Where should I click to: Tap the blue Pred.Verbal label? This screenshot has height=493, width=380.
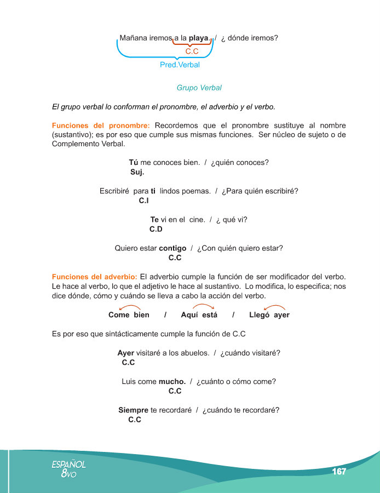[x=176, y=65]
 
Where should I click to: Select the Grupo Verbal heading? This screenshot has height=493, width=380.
[x=199, y=88]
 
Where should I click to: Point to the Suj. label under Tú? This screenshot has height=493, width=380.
[x=137, y=172]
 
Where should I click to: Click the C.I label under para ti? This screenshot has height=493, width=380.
[x=144, y=200]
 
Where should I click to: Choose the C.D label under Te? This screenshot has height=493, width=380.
[x=156, y=229]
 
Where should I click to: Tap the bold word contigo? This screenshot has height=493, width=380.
[x=172, y=248]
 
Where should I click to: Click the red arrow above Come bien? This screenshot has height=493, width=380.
[x=129, y=308]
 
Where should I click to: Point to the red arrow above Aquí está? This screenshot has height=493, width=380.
[x=203, y=307]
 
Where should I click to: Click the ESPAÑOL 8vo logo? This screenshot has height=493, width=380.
[x=68, y=469]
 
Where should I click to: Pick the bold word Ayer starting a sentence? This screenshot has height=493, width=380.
[x=126, y=353]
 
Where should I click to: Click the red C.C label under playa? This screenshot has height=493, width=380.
[x=192, y=51]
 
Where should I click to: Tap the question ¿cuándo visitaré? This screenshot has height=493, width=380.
[x=250, y=353]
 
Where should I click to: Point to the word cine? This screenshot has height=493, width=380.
[x=197, y=220]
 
